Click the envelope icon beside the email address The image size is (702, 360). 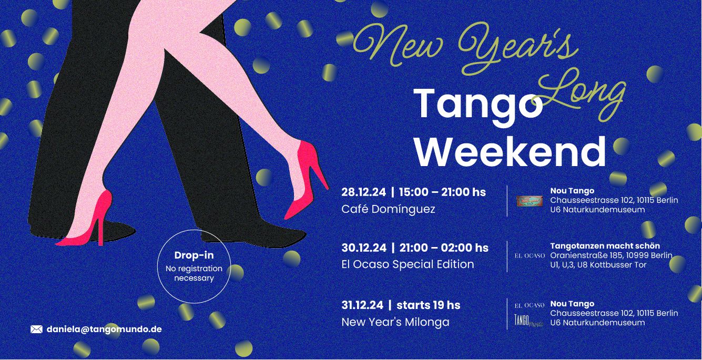click(x=36, y=330)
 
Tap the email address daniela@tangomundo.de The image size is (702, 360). click(x=104, y=330)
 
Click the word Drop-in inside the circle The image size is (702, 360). click(x=194, y=255)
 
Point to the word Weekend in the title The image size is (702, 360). click(x=510, y=152)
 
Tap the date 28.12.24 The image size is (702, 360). click(x=363, y=192)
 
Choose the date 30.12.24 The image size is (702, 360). click(x=364, y=248)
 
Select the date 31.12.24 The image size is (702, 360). click(x=362, y=305)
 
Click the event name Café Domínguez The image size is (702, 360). click(x=388, y=209)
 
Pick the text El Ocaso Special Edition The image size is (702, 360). click(x=408, y=264)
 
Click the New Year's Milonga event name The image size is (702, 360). click(x=395, y=322)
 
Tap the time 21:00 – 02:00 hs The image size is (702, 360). click(x=444, y=248)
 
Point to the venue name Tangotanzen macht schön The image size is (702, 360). click(x=605, y=245)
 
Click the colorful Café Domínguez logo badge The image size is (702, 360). click(x=530, y=201)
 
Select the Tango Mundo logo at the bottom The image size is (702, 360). click(x=528, y=321)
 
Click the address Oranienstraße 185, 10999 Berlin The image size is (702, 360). click(x=611, y=255)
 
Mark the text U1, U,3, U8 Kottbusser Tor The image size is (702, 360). click(x=598, y=265)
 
